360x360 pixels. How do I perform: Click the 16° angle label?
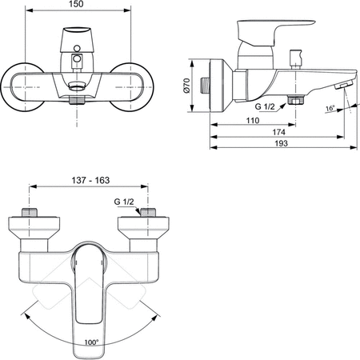[x=330, y=106]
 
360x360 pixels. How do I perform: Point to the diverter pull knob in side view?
[x=293, y=58]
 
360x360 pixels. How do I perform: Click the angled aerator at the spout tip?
[x=343, y=85]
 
